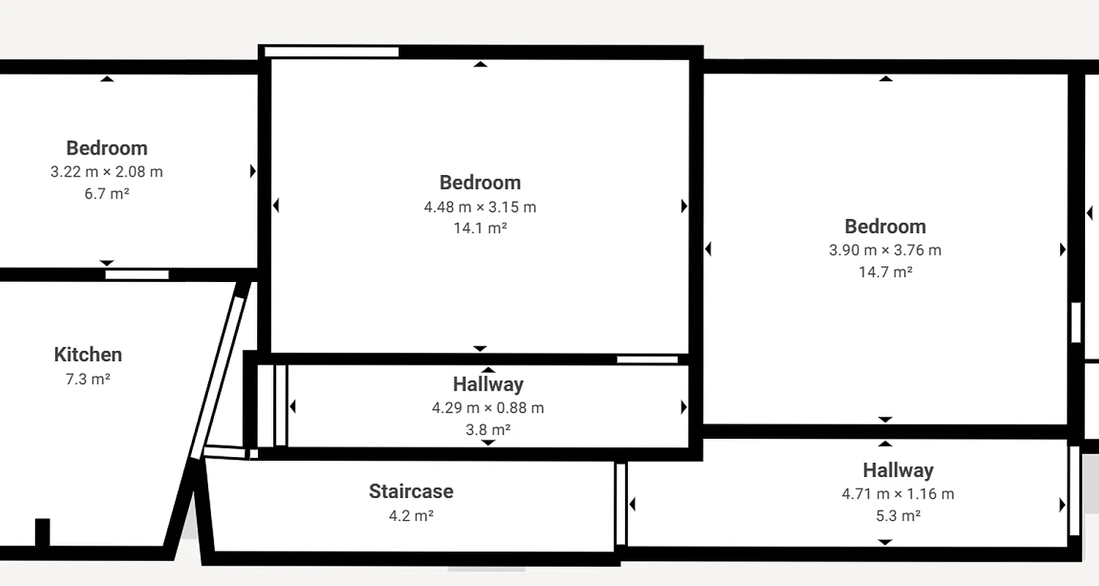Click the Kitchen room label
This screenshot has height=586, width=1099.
coord(88,355)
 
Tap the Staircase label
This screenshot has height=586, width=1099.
coord(411,491)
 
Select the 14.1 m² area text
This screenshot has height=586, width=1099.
coord(481,228)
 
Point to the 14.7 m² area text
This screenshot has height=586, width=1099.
coord(885,272)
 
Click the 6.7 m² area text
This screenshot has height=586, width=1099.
coord(107,194)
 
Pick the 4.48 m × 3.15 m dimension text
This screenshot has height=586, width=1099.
coord(480,207)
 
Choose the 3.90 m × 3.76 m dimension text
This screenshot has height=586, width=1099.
coord(885,250)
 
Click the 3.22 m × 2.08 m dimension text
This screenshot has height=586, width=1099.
coord(107,172)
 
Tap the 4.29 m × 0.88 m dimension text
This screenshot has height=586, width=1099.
coord(488,407)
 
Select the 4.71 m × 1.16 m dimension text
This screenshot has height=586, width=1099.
coord(898,494)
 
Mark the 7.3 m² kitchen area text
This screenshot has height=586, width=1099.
coord(88,379)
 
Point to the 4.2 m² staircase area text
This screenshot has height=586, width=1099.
coord(411,516)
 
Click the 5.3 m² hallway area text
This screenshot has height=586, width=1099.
coord(898,516)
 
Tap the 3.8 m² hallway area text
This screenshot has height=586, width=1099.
coord(488,429)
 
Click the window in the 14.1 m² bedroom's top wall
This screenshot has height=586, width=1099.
coord(331,52)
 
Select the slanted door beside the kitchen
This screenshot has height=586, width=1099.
coord(218,370)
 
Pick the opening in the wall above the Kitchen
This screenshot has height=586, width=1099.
coord(137,275)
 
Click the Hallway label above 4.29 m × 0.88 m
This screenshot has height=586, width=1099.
coord(488,384)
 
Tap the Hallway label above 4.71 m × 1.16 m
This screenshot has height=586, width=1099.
coord(898,470)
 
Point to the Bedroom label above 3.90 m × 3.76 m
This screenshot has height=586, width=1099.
coord(885,226)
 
